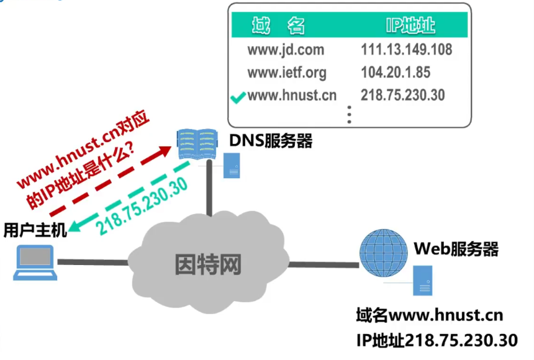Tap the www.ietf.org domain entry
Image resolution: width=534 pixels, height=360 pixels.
(286, 73)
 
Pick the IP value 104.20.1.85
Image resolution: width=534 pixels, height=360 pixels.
(396, 73)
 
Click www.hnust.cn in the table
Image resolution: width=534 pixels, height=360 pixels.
(291, 96)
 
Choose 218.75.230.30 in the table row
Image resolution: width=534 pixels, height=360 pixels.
(403, 96)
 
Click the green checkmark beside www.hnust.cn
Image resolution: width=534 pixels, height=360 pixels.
(237, 97)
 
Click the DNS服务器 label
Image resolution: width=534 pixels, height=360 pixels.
(271, 142)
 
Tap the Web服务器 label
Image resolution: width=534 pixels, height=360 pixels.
(456, 250)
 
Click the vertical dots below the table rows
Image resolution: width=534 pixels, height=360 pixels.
(350, 115)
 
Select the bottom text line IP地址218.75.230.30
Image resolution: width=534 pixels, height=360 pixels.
(437, 340)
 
